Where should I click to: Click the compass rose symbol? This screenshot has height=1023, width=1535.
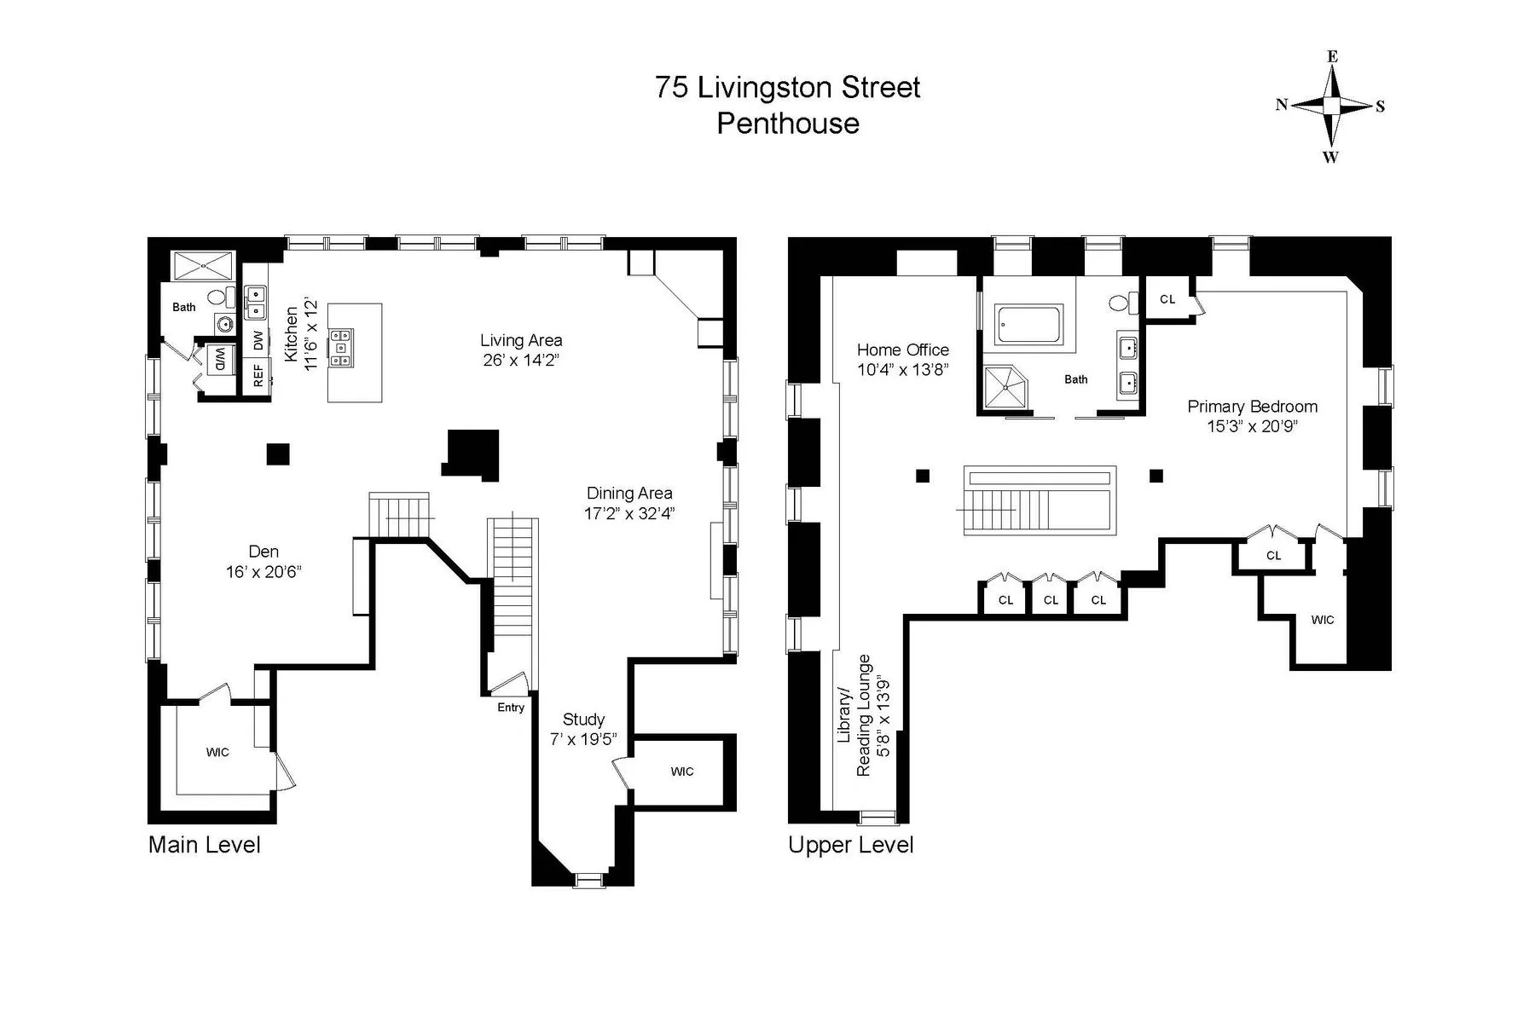pos(1331,106)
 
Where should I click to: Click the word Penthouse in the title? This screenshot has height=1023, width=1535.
pos(787,124)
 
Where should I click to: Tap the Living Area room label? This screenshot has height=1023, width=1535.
pos(520,340)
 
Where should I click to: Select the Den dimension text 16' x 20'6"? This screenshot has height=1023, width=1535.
pos(264,572)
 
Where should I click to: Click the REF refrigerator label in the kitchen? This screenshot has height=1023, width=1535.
pos(258,376)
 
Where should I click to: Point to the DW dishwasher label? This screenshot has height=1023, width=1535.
pos(258,340)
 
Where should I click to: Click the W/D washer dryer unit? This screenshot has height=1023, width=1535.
pos(219,359)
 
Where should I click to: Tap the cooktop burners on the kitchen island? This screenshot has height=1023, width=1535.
pos(343,348)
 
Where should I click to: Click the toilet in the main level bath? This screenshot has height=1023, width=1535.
pos(221,298)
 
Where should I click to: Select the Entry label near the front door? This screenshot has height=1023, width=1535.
pos(511,708)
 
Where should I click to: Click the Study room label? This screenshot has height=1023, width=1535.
pos(583,720)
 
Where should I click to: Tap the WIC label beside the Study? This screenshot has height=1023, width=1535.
pos(681,772)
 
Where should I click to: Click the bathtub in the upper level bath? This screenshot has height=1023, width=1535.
pos(1028,325)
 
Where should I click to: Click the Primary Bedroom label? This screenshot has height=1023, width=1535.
pos(1252,407)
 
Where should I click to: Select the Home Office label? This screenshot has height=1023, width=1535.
pos(902,350)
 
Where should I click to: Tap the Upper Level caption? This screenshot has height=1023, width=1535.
pos(850,845)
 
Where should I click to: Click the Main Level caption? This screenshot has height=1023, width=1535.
pos(205,845)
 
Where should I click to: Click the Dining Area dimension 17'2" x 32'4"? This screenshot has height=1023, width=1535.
pos(629,513)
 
